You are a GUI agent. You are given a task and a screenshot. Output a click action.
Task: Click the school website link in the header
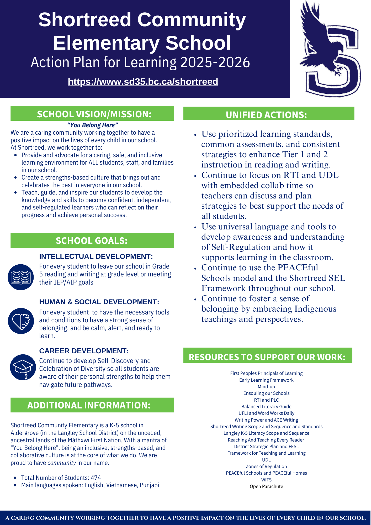tap(143, 82)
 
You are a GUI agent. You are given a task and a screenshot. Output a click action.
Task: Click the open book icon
tap(21, 277)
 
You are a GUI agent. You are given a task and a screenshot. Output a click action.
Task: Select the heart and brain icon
tap(21, 321)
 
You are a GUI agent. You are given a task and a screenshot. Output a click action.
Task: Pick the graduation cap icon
tap(23, 367)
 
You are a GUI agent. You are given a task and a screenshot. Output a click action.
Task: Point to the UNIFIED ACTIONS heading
tap(266, 115)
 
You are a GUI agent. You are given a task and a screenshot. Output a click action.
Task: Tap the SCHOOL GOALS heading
tap(92, 241)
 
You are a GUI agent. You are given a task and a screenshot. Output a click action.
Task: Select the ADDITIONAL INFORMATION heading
tap(89, 405)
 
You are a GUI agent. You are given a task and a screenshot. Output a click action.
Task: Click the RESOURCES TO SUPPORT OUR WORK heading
tap(267, 357)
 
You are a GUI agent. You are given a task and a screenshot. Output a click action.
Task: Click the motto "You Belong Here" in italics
tap(93, 125)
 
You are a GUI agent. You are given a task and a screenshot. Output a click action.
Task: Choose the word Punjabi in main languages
tap(149, 485)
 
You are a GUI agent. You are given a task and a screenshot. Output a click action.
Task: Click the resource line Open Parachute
tap(266, 486)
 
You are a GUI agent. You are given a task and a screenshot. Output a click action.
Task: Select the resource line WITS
tap(266, 480)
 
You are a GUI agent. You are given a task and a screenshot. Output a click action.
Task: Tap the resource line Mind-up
tap(266, 387)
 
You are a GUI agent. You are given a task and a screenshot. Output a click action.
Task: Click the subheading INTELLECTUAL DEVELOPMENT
tap(96, 256)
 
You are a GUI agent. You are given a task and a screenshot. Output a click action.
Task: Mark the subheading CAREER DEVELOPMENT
tap(84, 351)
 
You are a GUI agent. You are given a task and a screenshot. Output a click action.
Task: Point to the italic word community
tap(62, 463)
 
